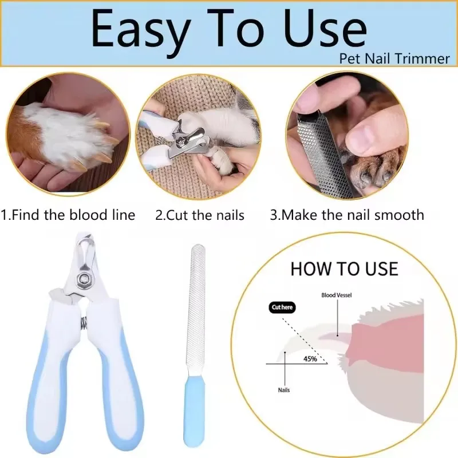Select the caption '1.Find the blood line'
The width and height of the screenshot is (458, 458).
(x=68, y=215)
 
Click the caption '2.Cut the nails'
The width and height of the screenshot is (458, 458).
(x=200, y=215)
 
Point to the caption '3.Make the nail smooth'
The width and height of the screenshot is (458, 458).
(x=347, y=215)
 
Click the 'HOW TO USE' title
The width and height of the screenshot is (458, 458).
(x=343, y=269)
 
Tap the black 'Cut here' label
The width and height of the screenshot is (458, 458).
(x=282, y=307)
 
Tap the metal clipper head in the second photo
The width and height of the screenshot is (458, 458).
(x=189, y=137)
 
